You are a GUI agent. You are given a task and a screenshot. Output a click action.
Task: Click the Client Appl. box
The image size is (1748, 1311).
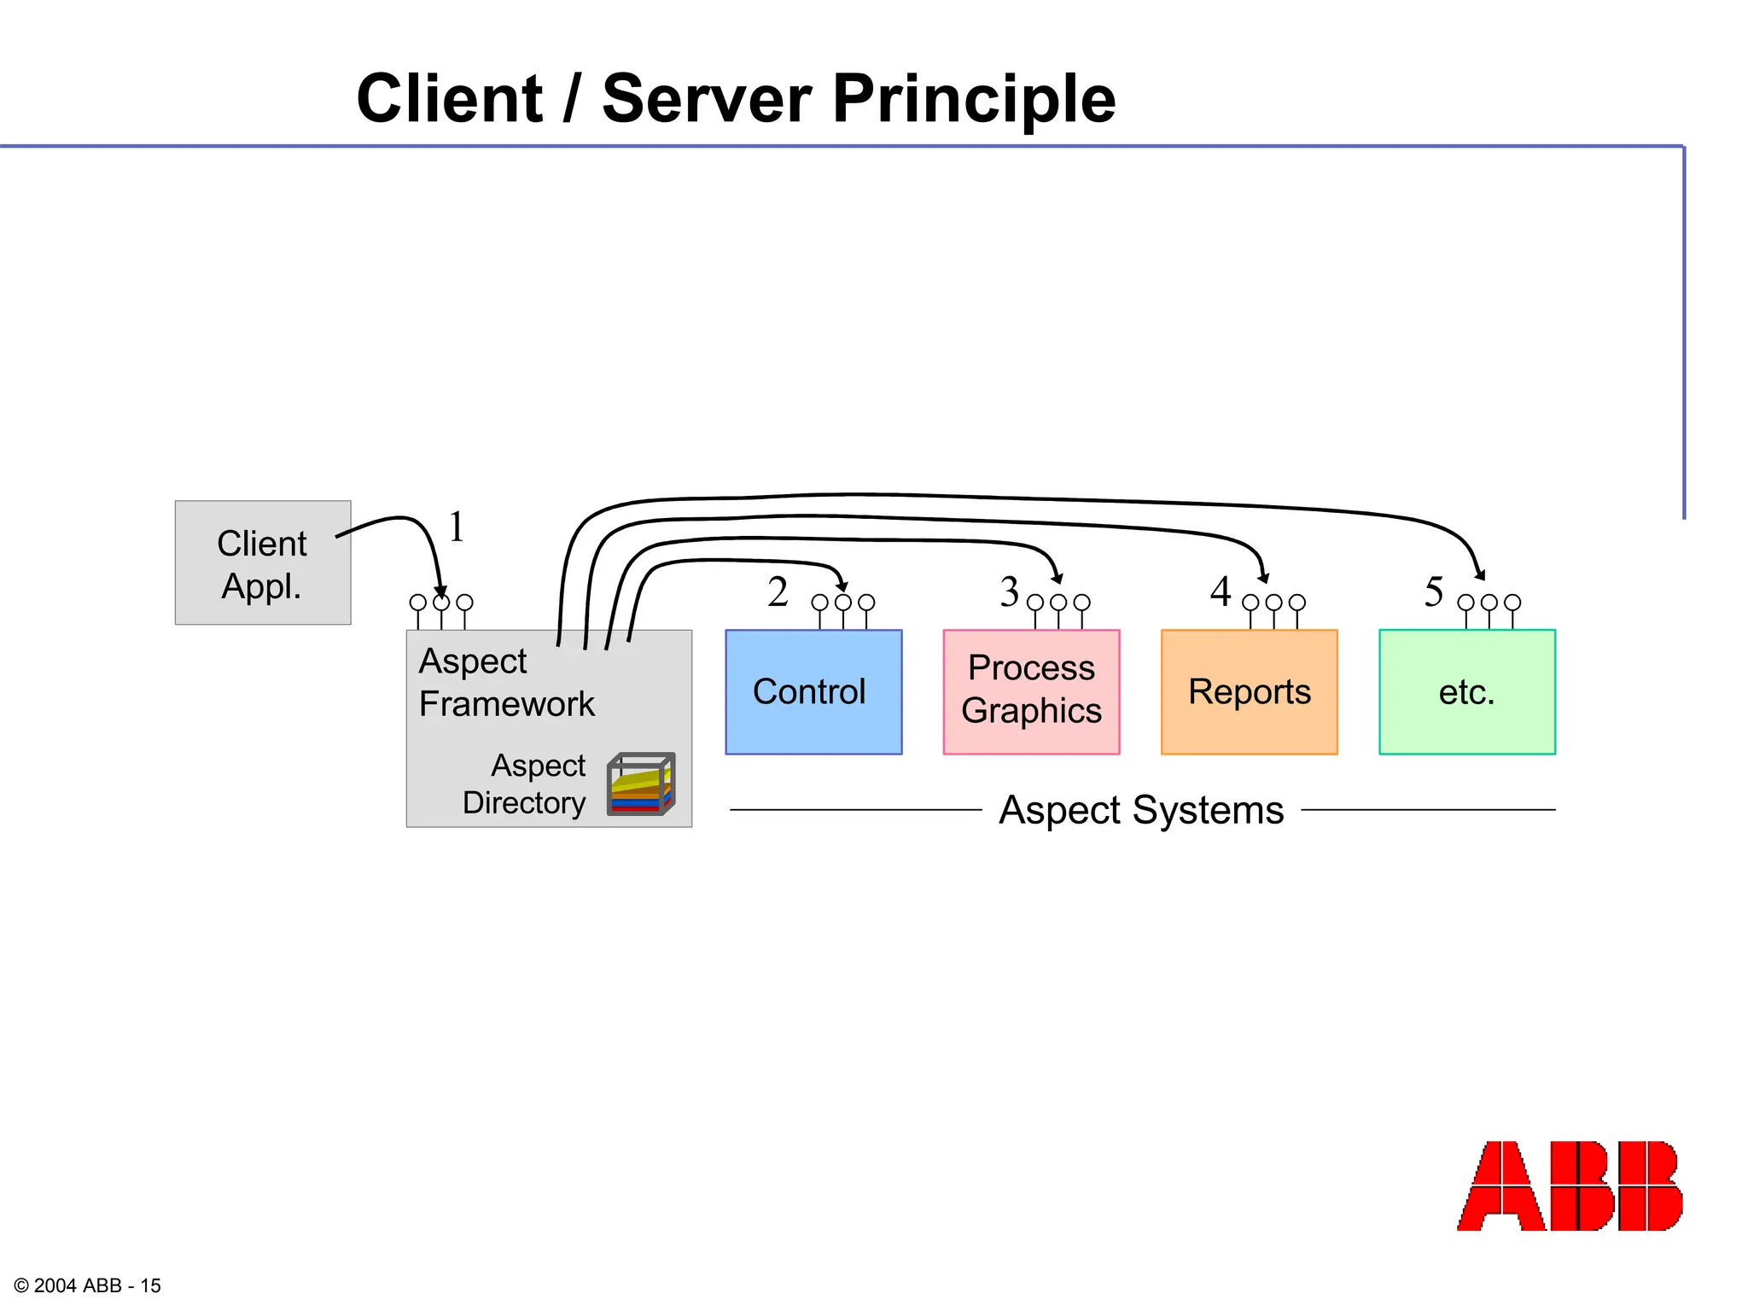(262, 563)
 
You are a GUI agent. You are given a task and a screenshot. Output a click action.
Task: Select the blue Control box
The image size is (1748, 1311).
(813, 691)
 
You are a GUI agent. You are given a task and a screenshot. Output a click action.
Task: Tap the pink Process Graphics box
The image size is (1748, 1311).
(1031, 691)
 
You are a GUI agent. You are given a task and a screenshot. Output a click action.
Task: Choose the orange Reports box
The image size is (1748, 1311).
(1249, 691)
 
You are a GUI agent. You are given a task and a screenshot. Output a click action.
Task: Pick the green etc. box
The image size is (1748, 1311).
(1466, 691)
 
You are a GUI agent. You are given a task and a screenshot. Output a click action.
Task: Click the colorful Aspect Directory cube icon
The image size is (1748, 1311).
(641, 784)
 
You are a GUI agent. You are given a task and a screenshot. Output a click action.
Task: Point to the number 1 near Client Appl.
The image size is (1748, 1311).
(457, 527)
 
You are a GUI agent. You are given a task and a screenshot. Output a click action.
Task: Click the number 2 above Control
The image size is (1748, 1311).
(777, 591)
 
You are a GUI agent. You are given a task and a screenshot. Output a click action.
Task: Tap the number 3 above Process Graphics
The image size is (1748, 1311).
(1010, 591)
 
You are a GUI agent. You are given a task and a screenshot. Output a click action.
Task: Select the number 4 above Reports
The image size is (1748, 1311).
(1221, 591)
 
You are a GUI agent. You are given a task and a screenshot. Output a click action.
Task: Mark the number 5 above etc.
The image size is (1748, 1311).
(1434, 591)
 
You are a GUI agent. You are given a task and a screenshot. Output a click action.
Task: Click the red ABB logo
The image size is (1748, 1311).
(1569, 1186)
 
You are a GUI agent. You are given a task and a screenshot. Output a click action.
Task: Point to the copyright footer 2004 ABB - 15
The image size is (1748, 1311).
(87, 1285)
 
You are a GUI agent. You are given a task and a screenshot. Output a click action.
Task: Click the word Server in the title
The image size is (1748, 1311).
(706, 99)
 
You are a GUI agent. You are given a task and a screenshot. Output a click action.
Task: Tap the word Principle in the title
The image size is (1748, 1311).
(973, 99)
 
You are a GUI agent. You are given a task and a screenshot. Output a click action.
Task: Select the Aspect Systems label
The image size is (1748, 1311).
(1141, 810)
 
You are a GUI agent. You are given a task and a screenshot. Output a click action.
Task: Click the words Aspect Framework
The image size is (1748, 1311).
(505, 683)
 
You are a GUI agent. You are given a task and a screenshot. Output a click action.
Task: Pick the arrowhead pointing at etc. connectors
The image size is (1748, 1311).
(1480, 574)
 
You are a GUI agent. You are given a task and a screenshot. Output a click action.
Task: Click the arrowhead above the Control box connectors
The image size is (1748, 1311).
(842, 586)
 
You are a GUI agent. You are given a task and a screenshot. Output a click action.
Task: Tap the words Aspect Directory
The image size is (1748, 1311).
(524, 784)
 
